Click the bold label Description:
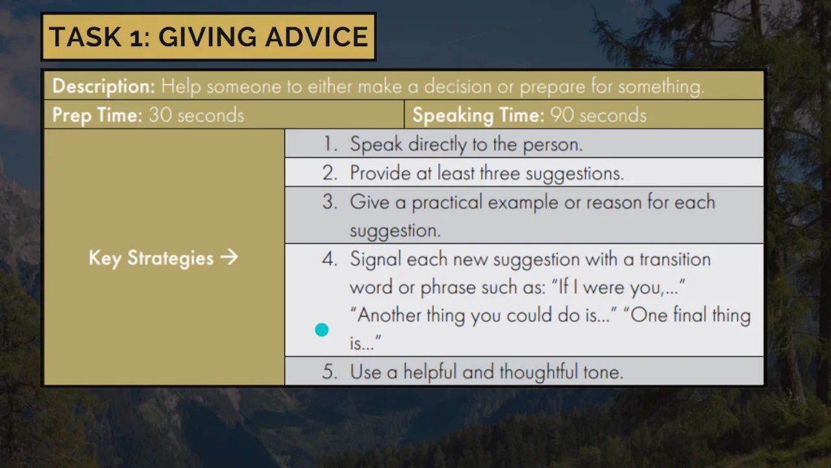pyautogui.click(x=103, y=86)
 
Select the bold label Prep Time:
pyautogui.click(x=97, y=115)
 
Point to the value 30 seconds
pyautogui.click(x=196, y=115)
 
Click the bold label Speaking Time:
pyautogui.click(x=478, y=115)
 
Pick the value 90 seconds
pyautogui.click(x=598, y=115)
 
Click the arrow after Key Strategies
pyautogui.click(x=229, y=257)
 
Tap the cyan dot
pyautogui.click(x=321, y=330)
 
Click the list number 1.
pyautogui.click(x=330, y=144)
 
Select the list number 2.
pyautogui.click(x=330, y=173)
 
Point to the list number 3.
pyautogui.click(x=330, y=202)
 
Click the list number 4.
pyautogui.click(x=330, y=259)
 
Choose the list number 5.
pyautogui.click(x=330, y=372)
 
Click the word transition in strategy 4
pyautogui.click(x=675, y=259)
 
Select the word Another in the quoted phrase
pyautogui.click(x=388, y=316)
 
